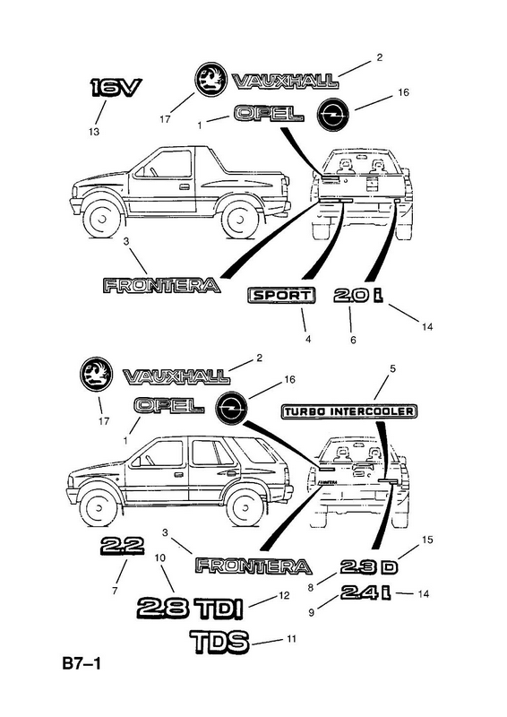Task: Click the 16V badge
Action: (x=116, y=87)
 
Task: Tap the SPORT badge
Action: (x=281, y=296)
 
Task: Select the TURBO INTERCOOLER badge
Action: (x=348, y=411)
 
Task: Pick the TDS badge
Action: (x=219, y=641)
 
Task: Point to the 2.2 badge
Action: (x=122, y=545)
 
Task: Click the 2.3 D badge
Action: (x=369, y=567)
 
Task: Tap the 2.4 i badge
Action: (x=365, y=592)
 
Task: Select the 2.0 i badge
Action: (x=358, y=296)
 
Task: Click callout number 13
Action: (x=94, y=132)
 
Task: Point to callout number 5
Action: (x=392, y=368)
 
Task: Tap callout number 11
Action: (x=292, y=639)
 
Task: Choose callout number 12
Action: (x=284, y=595)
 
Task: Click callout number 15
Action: (x=427, y=540)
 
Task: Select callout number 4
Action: (x=308, y=340)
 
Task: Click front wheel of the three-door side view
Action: (x=102, y=219)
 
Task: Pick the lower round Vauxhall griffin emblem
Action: (x=96, y=374)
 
